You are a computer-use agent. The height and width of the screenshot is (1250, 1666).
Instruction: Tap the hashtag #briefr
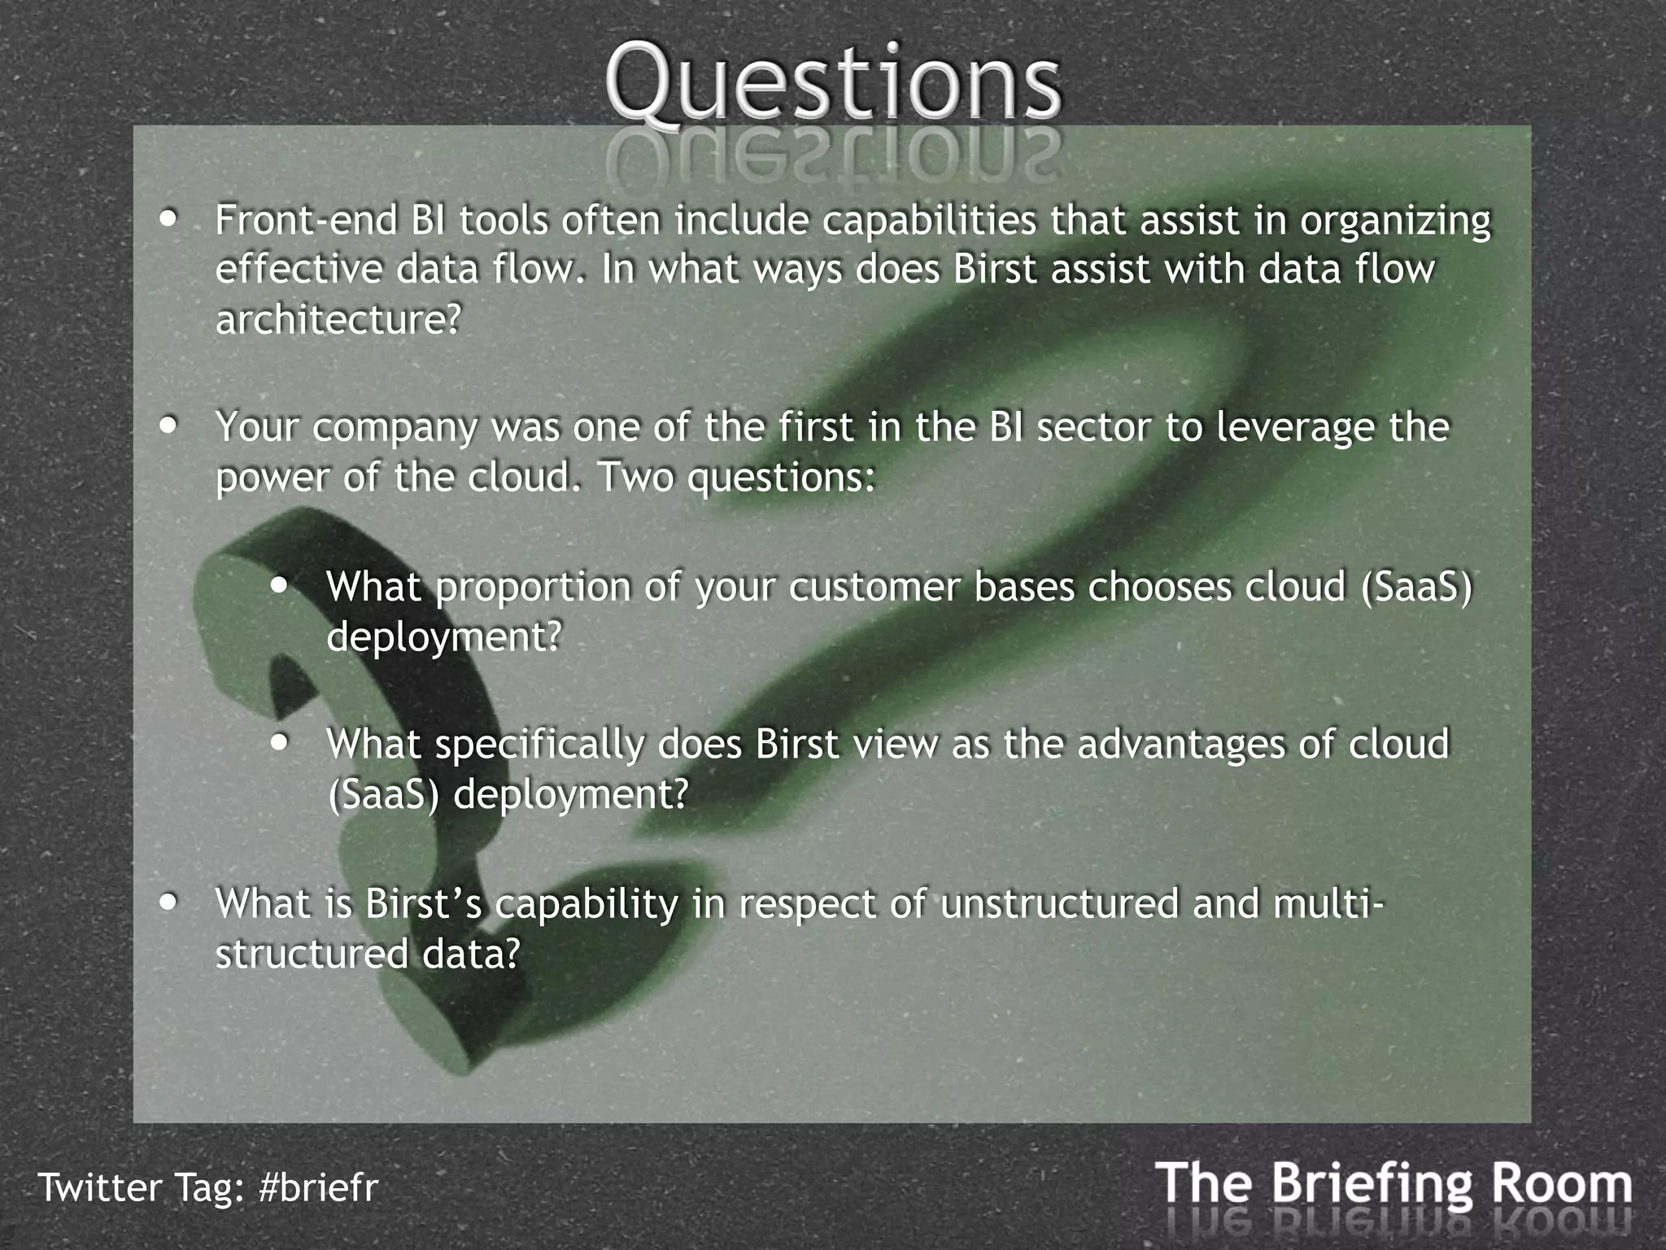(318, 1187)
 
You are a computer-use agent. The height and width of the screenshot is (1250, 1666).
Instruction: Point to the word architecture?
(338, 320)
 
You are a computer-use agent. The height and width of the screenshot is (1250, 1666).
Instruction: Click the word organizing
(1394, 222)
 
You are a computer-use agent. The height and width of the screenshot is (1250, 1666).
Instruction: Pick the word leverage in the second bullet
(1294, 428)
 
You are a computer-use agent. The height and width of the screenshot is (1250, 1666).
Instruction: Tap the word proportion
(533, 588)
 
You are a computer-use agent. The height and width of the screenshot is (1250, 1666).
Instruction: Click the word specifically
(539, 745)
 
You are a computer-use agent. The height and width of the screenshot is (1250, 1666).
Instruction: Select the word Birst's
(423, 903)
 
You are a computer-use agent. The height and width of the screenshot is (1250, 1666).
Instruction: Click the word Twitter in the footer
(100, 1187)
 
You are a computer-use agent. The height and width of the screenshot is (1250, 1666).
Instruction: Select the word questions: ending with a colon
(780, 478)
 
